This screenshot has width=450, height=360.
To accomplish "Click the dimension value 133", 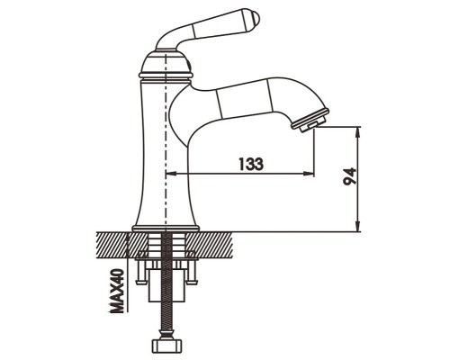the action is pyautogui.click(x=251, y=164).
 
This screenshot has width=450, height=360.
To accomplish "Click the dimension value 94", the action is pyautogui.click(x=350, y=176).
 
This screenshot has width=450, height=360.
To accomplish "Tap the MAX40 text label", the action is pyautogui.click(x=116, y=291).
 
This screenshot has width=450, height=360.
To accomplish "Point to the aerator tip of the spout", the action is pyautogui.click(x=311, y=120).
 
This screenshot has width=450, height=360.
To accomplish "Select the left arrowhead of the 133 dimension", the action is pyautogui.click(x=171, y=173).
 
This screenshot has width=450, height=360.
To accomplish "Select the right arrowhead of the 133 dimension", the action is pyautogui.click(x=309, y=173).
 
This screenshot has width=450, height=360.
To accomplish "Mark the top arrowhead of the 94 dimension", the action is pyautogui.click(x=357, y=132).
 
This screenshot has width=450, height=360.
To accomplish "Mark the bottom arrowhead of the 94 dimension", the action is pyautogui.click(x=357, y=227).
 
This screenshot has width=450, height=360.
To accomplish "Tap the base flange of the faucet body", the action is pyautogui.click(x=166, y=229).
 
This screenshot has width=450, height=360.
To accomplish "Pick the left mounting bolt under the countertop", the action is pyautogui.click(x=140, y=272).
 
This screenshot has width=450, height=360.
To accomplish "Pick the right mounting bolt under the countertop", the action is pyautogui.click(x=191, y=272).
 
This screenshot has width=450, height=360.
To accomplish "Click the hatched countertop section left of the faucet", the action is pyautogui.click(x=121, y=245).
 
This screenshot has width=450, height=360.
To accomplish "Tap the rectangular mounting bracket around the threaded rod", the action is pyautogui.click(x=166, y=285).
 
